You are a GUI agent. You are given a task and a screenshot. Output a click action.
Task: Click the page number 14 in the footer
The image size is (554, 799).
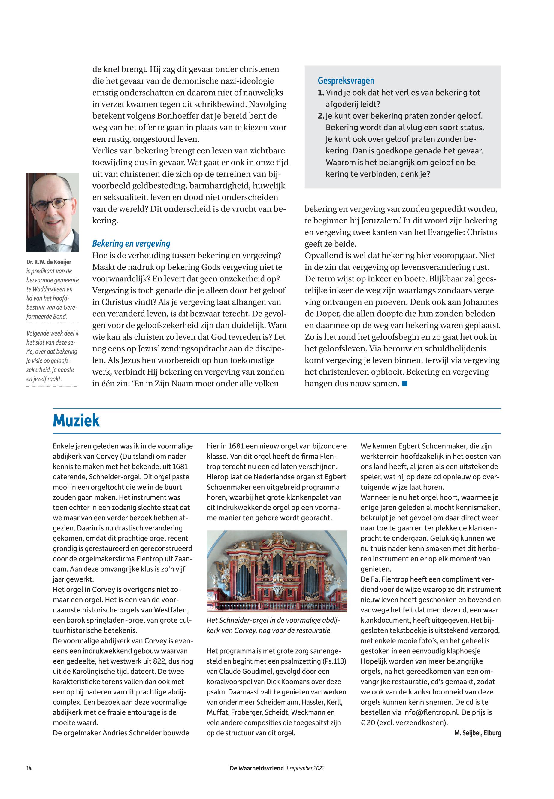pyautogui.click(x=29, y=768)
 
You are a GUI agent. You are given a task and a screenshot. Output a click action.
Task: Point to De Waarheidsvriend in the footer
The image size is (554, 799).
pyautogui.click(x=256, y=768)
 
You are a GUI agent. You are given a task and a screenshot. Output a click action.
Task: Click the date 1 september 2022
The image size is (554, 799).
pyautogui.click(x=305, y=768)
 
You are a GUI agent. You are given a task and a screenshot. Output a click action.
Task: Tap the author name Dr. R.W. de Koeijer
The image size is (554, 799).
pyautogui.click(x=49, y=262)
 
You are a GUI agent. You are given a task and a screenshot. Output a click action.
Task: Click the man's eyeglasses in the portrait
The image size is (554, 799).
pyautogui.click(x=53, y=204)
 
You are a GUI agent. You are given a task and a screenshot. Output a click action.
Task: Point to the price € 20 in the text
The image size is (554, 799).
pyautogui.click(x=368, y=723)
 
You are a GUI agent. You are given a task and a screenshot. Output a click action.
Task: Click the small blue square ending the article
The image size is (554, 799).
pyautogui.click(x=404, y=383)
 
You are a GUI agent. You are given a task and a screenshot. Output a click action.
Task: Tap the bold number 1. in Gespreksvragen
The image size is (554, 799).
pyautogui.click(x=321, y=93)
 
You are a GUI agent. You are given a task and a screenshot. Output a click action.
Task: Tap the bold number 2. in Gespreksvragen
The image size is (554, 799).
pyautogui.click(x=321, y=116)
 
